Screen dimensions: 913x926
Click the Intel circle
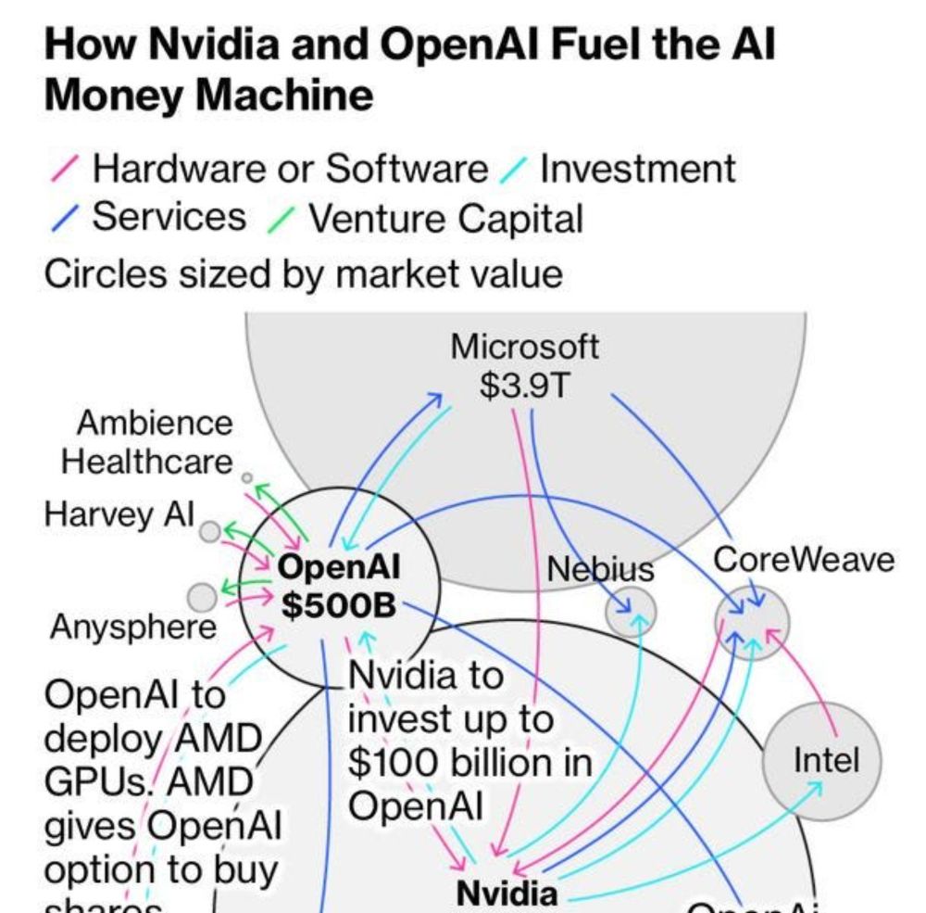click(821, 761)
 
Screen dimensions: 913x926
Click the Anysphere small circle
click(201, 596)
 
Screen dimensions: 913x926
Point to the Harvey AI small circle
click(211, 531)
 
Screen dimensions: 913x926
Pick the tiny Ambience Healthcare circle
click(246, 478)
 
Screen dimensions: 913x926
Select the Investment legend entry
click(637, 170)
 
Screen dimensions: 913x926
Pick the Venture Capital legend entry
click(444, 219)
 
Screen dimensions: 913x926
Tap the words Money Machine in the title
click(209, 96)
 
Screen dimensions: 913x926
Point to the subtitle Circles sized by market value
click(303, 273)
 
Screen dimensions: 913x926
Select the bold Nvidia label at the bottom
click(507, 893)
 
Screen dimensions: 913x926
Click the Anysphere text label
click(132, 628)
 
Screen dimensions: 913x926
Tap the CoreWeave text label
click(804, 561)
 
